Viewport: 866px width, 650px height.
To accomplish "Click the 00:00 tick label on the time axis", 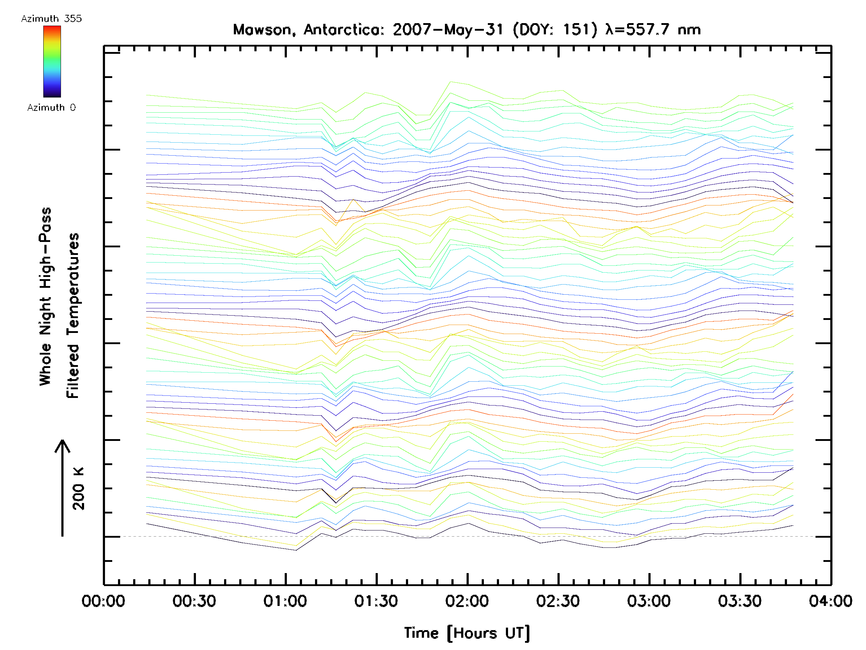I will [x=103, y=601].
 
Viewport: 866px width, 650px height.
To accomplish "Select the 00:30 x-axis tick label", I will [x=194, y=601].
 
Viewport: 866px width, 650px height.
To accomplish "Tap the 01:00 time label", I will [x=285, y=601].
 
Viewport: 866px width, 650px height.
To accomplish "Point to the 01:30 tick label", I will [x=376, y=601].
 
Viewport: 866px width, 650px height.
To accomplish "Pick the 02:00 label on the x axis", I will [x=467, y=601].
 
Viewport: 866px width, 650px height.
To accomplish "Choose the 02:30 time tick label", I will [x=558, y=601].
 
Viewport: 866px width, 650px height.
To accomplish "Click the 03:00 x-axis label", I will [x=649, y=601].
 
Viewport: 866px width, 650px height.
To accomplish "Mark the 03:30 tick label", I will [x=740, y=601].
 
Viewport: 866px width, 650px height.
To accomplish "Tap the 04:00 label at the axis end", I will [x=830, y=601].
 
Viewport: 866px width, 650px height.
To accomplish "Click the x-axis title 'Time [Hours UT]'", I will [x=467, y=633].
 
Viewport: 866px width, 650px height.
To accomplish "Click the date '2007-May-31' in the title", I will [x=448, y=30].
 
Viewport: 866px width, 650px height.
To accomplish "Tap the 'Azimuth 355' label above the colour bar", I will [x=51, y=19].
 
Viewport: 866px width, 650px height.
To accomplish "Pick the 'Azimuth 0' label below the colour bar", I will [x=51, y=107].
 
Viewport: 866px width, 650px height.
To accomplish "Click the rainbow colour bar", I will [x=52, y=61].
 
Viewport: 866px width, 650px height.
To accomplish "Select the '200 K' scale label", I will [x=78, y=489].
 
